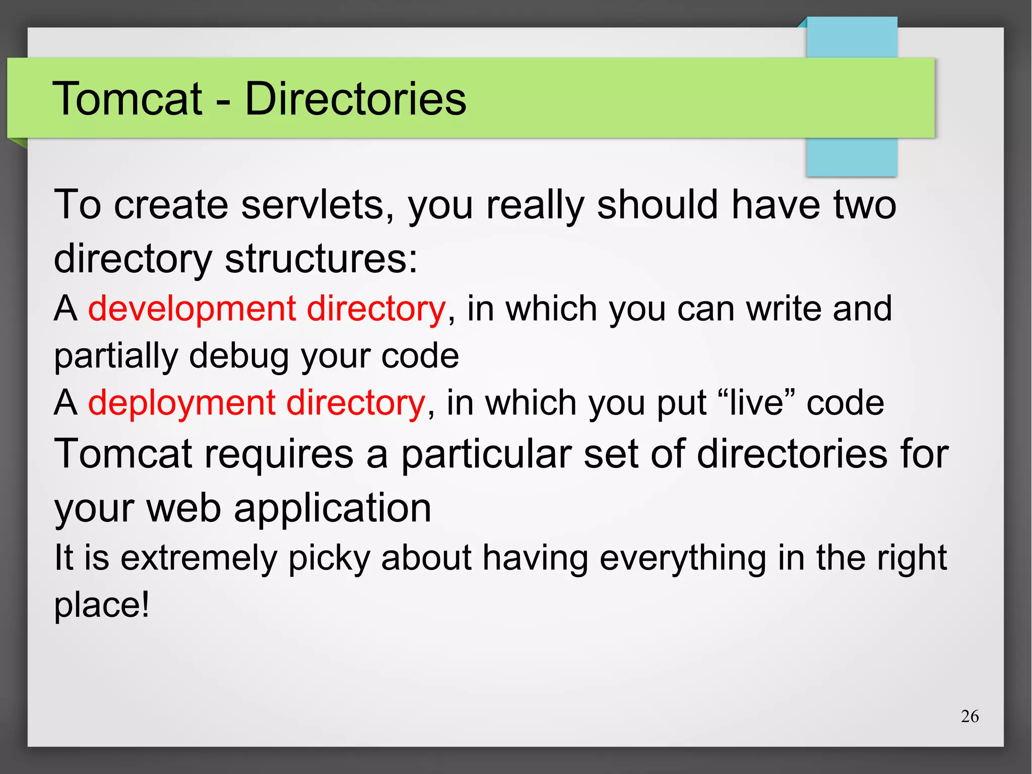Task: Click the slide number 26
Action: click(x=969, y=716)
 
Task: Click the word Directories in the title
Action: click(x=355, y=98)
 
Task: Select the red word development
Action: click(x=191, y=309)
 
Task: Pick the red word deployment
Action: click(x=181, y=403)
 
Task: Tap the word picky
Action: click(x=329, y=559)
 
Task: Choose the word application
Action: click(x=333, y=508)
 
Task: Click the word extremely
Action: click(x=199, y=559)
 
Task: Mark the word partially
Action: click(x=116, y=356)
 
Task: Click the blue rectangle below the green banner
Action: click(x=852, y=157)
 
